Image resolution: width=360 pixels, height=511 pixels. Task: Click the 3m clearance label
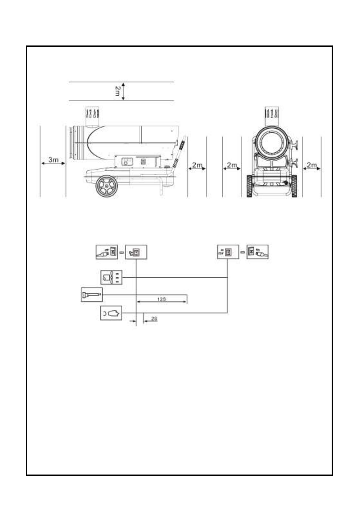click(x=54, y=160)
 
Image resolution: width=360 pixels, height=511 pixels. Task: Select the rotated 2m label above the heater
click(x=117, y=91)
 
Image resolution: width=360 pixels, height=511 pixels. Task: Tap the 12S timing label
click(x=162, y=299)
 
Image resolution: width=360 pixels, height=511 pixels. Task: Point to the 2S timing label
click(x=154, y=319)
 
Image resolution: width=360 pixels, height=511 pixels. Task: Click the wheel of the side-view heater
click(x=106, y=186)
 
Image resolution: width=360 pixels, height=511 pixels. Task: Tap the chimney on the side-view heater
click(x=92, y=117)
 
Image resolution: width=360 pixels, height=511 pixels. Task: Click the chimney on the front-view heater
click(x=272, y=116)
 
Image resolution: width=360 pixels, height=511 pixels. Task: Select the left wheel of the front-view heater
click(x=250, y=186)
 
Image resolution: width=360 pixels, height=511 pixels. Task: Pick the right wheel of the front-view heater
click(x=294, y=186)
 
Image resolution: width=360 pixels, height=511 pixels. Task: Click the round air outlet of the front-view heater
click(x=272, y=143)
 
